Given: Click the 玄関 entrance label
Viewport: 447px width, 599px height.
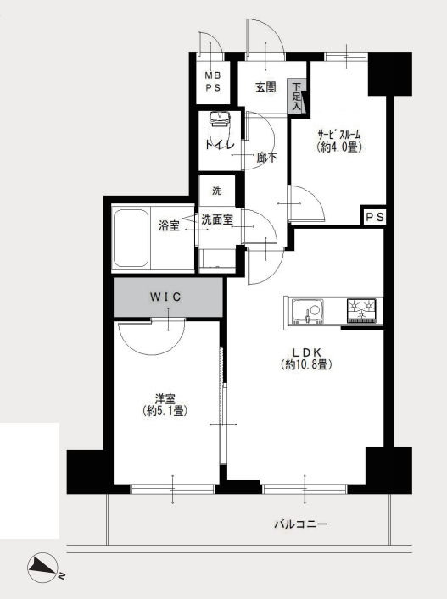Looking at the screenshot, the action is point(265,87).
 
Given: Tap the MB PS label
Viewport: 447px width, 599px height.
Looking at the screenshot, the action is point(213,81).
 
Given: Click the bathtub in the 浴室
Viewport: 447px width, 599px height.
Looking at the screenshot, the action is point(131,238).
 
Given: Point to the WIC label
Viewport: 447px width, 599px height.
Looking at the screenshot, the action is point(165,297).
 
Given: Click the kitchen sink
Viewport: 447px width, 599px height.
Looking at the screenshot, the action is point(307,312).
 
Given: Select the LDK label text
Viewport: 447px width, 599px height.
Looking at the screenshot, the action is point(306,352).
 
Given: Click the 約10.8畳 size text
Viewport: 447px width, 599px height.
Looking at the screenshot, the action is point(306,365).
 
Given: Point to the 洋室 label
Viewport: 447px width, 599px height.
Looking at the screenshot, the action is point(165,399).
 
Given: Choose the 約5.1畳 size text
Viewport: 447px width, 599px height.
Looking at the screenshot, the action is point(165,411).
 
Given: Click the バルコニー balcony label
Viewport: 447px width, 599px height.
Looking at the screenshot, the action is point(300,524).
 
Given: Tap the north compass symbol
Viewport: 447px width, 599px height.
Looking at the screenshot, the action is point(42,568).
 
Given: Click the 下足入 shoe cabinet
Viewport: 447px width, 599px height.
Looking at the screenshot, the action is point(297,97).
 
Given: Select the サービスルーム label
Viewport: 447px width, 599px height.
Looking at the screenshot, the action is point(339,134).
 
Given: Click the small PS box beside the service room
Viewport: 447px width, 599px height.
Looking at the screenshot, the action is point(374,217).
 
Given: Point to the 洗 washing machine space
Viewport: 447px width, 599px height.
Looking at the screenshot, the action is point(217,191).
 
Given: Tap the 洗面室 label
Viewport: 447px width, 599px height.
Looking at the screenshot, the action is point(217,219).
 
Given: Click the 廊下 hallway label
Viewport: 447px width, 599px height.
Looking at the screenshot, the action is point(267,157).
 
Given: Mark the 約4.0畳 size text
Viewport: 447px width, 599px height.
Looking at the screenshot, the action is point(339,147).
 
